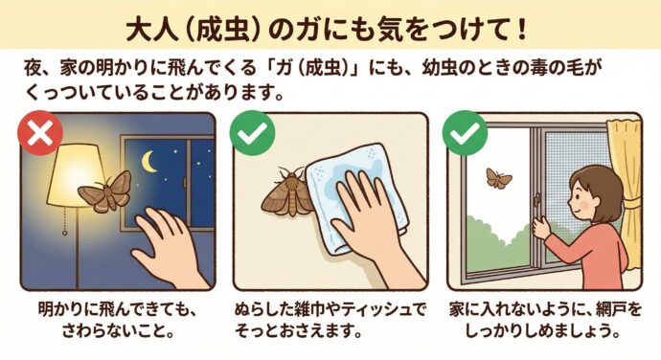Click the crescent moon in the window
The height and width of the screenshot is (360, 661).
(150, 161)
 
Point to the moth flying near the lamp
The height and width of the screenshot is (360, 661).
(105, 190)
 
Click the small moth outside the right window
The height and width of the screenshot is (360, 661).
(498, 177)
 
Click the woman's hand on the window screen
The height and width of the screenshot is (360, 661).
(542, 228)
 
